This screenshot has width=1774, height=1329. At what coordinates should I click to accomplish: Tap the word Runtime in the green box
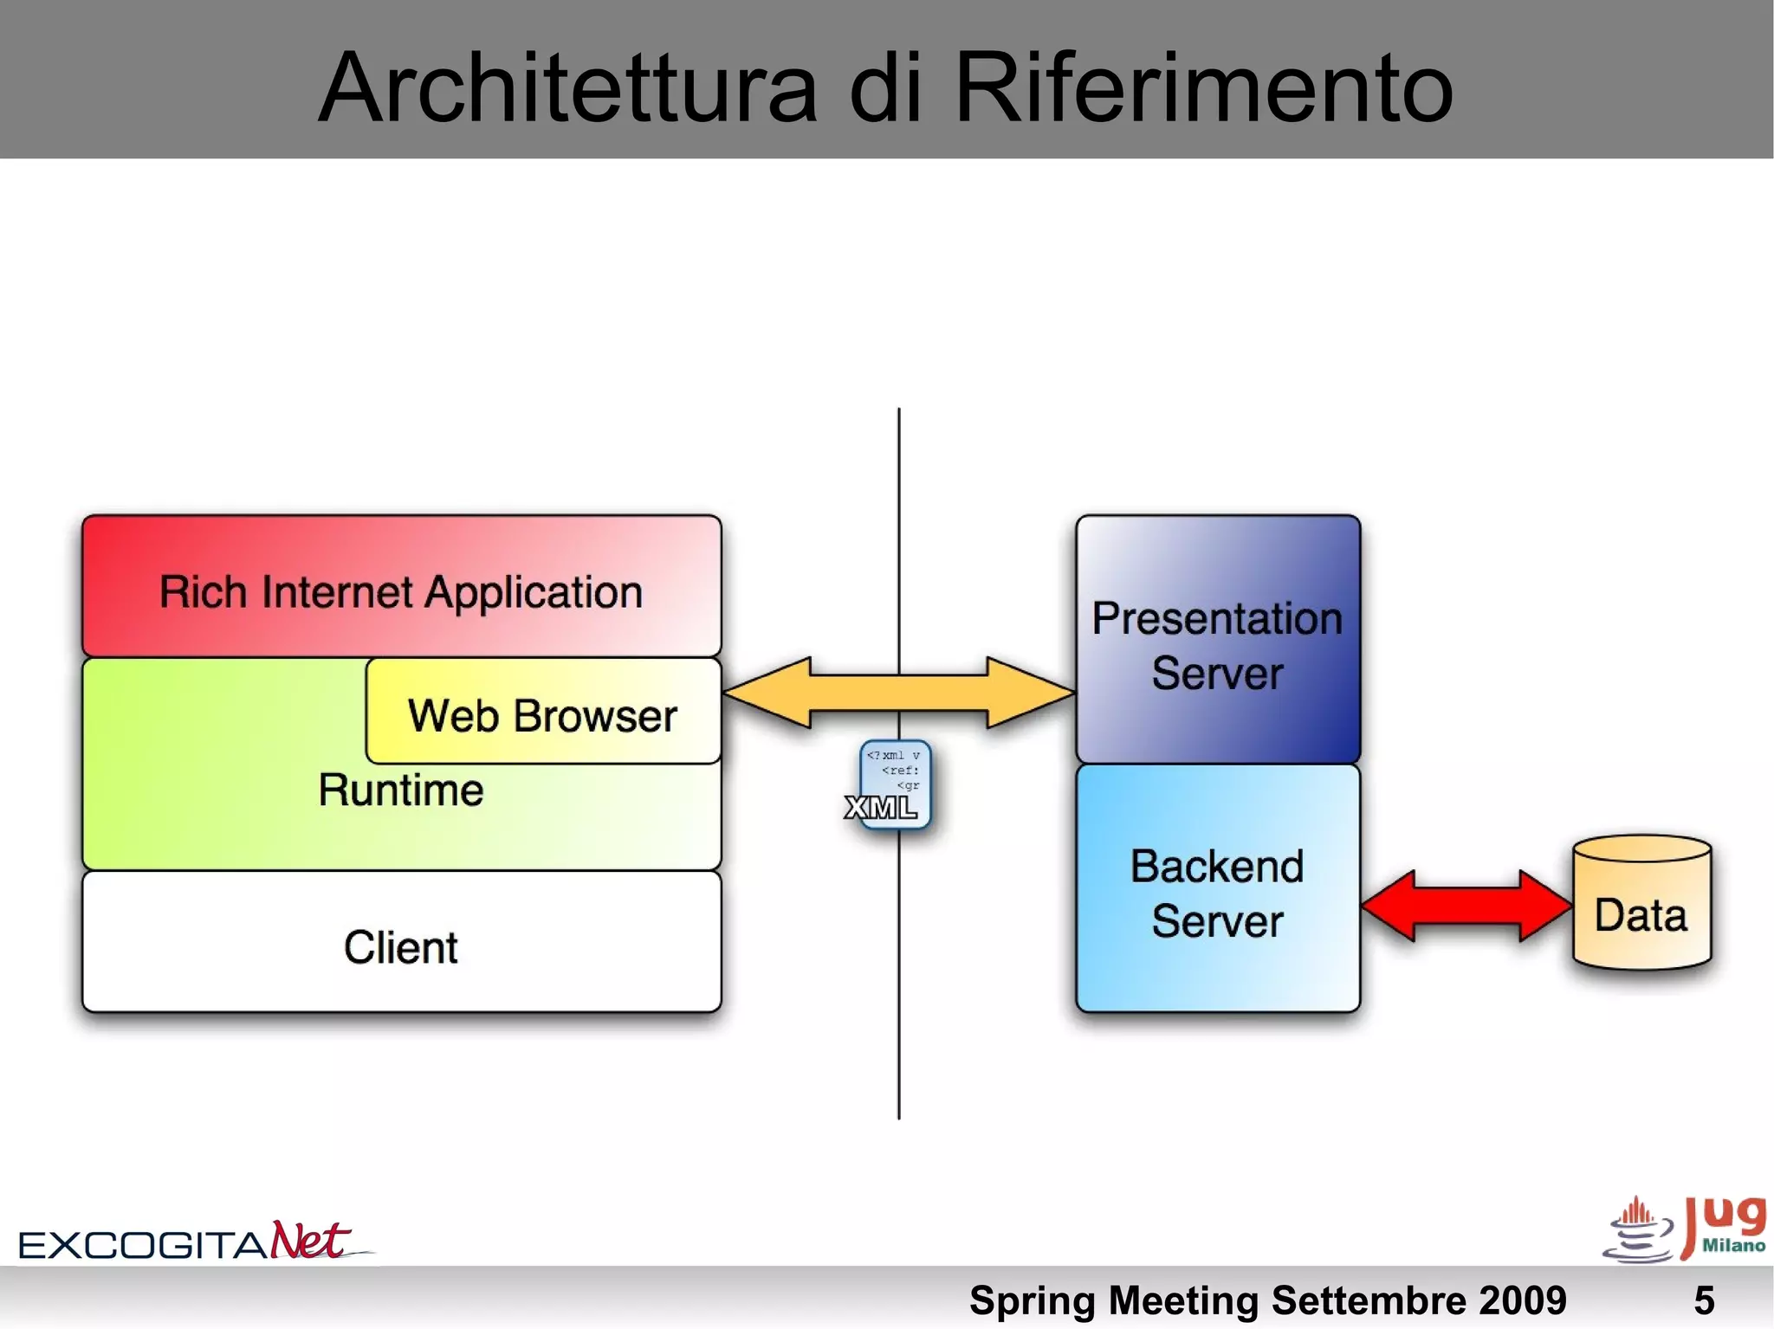click(x=400, y=790)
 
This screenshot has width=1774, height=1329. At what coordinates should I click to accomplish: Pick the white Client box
click(x=401, y=945)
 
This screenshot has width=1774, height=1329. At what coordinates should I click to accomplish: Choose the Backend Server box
click(x=1217, y=892)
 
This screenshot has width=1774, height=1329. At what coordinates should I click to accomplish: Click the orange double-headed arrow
click(x=898, y=692)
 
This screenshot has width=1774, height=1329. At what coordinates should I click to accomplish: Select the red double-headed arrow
click(x=1466, y=906)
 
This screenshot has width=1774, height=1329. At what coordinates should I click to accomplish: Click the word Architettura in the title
click(x=568, y=87)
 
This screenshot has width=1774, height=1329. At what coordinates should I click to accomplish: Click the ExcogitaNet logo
click(x=186, y=1241)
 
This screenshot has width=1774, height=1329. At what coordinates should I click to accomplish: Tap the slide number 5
click(x=1703, y=1300)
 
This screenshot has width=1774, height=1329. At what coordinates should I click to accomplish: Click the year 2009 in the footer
click(x=1522, y=1300)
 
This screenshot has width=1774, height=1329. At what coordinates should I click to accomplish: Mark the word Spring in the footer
click(x=1033, y=1300)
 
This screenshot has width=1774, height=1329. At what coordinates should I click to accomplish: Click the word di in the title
click(x=884, y=87)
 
